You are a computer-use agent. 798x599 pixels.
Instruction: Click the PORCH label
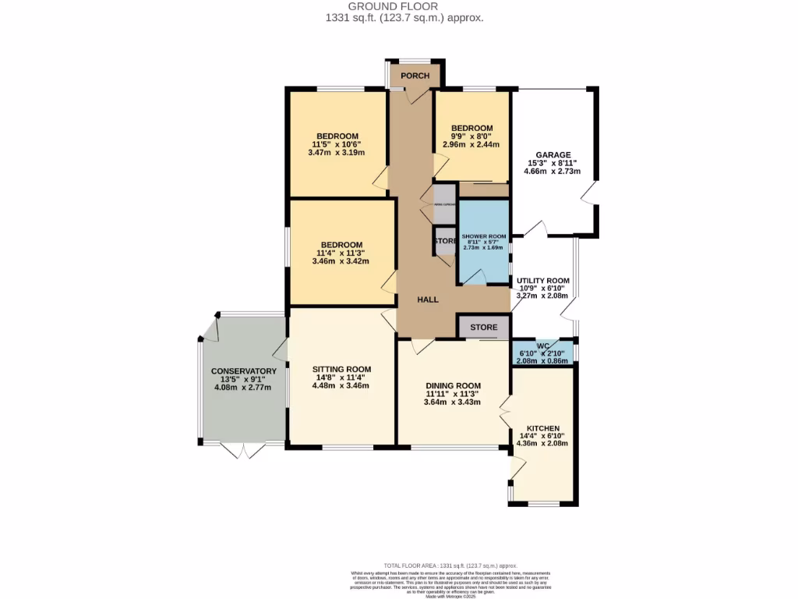414,76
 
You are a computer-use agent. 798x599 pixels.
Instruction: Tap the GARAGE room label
553,154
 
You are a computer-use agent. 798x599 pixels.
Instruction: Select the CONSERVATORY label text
244,371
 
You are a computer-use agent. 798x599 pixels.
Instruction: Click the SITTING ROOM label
341,369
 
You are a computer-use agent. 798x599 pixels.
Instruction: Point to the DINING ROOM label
453,385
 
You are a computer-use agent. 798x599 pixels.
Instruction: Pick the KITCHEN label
542,429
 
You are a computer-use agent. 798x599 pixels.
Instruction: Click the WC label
543,345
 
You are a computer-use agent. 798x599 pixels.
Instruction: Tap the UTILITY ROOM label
542,281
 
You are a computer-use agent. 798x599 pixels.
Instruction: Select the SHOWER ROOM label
483,236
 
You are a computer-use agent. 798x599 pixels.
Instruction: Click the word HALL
427,299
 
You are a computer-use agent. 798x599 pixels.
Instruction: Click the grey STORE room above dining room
484,328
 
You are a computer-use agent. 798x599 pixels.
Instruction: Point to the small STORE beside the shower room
445,241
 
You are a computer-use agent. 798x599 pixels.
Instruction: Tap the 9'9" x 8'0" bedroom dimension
471,136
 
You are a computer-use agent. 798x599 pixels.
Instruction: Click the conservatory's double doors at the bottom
242,451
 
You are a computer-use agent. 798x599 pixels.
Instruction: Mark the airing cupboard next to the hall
443,204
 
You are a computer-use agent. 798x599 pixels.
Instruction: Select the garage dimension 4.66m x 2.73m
553,172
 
